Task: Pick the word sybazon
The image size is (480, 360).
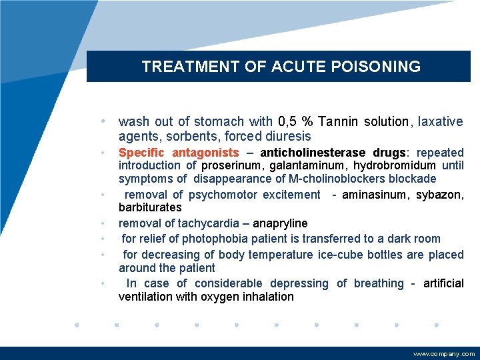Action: (440, 195)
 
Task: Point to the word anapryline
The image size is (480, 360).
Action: (278, 223)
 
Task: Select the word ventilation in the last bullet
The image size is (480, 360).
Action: (146, 297)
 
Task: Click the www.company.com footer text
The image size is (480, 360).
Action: (444, 354)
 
